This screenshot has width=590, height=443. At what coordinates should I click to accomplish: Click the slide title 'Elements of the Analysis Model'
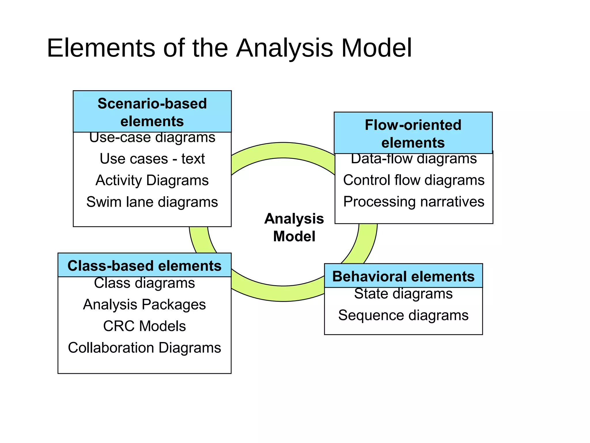[229, 48]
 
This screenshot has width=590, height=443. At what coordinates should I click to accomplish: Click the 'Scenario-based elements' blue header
[152, 112]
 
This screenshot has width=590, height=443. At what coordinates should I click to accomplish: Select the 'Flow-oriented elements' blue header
[413, 133]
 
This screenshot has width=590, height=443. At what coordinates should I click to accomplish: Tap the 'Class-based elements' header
[144, 265]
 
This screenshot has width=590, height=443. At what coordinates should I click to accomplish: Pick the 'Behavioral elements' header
[403, 276]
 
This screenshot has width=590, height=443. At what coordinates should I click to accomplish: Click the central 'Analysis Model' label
[294, 227]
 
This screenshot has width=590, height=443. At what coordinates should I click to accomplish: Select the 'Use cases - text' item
[152, 159]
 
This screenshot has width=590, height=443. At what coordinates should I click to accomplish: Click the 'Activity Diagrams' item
[152, 180]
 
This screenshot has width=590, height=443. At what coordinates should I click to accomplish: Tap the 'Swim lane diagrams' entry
[152, 202]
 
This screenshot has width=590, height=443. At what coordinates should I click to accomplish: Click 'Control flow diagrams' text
[414, 180]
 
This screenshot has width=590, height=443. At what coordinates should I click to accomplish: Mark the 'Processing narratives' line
[414, 202]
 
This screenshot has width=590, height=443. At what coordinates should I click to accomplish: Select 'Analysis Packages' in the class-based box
[144, 305]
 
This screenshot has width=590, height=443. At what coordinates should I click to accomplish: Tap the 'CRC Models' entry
[144, 326]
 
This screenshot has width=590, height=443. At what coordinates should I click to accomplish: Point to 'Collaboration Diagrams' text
[144, 348]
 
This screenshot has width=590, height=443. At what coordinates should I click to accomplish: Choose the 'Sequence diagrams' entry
[403, 315]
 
